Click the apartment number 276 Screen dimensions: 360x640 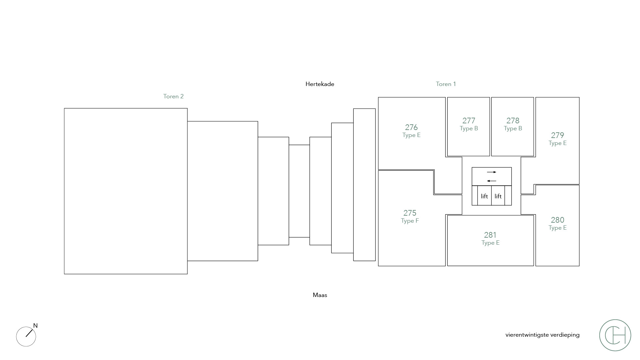(411, 127)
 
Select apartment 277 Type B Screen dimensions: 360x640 (469, 124)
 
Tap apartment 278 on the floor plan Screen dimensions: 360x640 (513, 124)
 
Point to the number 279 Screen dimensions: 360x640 (557, 135)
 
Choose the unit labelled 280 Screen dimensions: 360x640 (557, 223)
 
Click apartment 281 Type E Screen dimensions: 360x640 (490, 239)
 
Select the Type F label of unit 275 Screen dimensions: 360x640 (410, 221)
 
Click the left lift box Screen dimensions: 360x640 (484, 196)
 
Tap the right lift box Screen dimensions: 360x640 (498, 196)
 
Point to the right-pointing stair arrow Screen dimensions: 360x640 (492, 172)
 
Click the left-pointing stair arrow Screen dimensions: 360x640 (492, 181)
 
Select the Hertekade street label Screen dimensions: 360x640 (320, 84)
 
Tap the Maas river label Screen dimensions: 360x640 (320, 295)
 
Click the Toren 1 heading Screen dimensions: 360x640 (446, 84)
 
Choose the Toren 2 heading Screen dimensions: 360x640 (173, 96)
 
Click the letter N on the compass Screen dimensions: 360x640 (35, 326)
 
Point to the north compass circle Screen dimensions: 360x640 (26, 336)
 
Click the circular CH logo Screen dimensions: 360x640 (615, 335)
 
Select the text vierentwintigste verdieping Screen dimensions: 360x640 (542, 335)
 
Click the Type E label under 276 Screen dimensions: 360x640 (411, 135)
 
